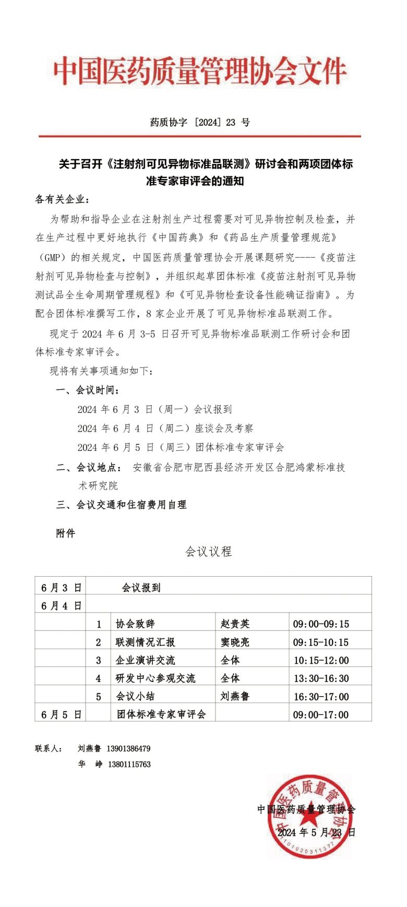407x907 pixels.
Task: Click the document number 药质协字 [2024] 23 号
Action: [200, 123]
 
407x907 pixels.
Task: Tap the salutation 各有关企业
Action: [62, 200]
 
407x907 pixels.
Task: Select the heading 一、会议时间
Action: [88, 390]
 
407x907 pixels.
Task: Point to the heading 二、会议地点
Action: [89, 468]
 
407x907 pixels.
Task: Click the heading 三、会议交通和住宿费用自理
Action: [122, 505]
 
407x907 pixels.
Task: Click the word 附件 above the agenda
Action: [66, 533]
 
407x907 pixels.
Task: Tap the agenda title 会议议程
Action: [209, 552]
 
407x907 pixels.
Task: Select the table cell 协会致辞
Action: [135, 624]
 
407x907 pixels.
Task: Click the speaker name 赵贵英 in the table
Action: [235, 624]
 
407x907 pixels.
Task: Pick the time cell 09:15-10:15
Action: [321, 642]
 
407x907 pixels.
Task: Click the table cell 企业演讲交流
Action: [145, 661]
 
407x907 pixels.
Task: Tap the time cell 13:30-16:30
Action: [321, 678]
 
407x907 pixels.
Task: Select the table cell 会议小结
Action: [135, 697]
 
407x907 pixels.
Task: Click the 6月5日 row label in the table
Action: [61, 715]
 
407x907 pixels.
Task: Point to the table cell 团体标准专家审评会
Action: [161, 714]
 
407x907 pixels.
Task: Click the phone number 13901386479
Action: [128, 748]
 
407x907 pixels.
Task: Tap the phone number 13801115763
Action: [129, 765]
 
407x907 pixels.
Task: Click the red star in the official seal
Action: [308, 818]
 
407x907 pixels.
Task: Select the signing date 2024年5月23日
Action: [316, 832]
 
